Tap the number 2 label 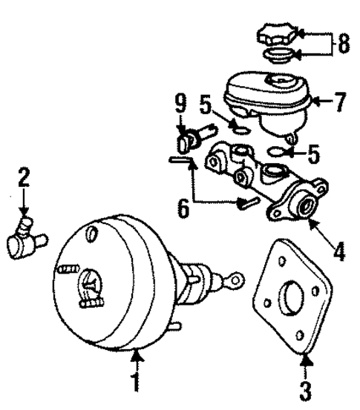24,178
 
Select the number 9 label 180,105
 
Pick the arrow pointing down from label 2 24,204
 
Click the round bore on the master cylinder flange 304,208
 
